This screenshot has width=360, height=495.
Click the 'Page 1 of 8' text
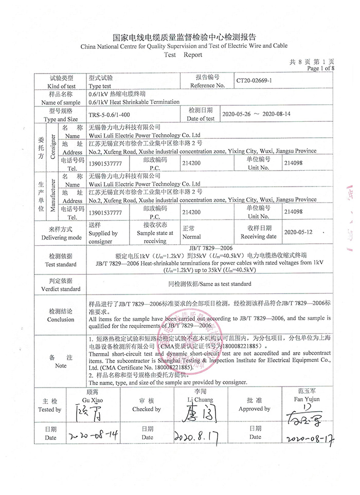321,68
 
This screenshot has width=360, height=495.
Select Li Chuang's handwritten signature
190,412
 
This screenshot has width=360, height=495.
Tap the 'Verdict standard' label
61,289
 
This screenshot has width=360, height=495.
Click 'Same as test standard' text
210,284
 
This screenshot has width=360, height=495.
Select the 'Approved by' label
254,409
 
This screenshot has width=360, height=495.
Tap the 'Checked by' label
147,409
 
